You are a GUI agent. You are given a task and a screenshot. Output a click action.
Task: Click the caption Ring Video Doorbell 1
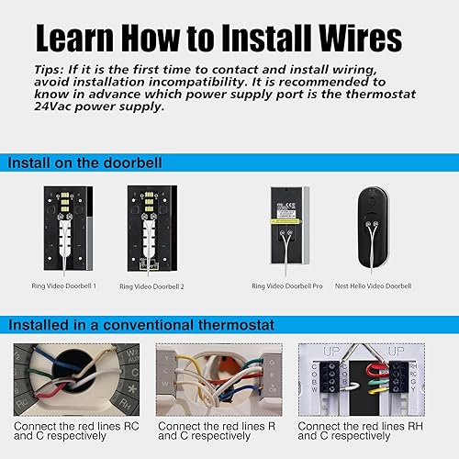(65, 286)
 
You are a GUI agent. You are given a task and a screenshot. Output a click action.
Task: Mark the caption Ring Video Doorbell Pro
(287, 286)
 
